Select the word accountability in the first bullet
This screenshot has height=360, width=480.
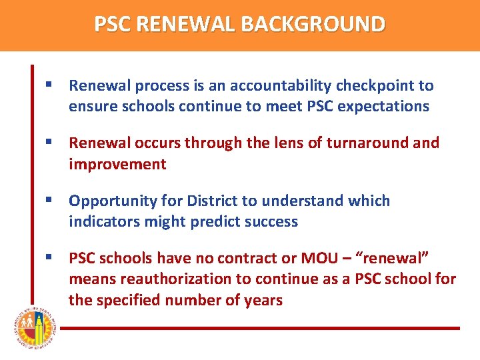(x=287, y=86)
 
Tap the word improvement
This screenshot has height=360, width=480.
(x=117, y=164)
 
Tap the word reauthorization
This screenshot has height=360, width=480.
(x=180, y=279)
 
